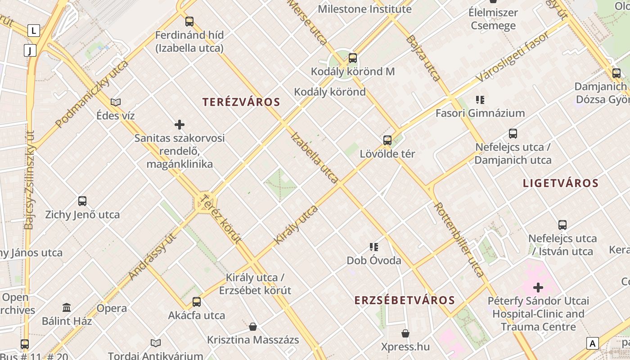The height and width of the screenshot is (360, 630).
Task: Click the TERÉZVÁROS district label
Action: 241,102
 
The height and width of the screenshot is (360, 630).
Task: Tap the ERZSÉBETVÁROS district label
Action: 405,300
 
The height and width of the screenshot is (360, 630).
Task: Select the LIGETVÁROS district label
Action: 561,183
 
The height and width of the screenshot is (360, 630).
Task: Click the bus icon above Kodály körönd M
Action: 353,58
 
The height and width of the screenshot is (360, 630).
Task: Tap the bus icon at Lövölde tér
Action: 387,140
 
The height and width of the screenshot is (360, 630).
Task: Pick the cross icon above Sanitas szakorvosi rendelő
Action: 180,125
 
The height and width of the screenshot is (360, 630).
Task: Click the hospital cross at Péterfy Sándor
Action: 538,287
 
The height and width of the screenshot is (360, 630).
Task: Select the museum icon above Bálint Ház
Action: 67,308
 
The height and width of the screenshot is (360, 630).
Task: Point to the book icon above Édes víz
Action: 116,102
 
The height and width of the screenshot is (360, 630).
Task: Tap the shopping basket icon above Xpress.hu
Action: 405,333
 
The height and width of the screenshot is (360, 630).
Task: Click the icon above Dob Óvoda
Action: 374,247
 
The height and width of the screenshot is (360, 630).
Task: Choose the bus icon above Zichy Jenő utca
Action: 82,201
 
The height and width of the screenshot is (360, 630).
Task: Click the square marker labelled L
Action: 34,31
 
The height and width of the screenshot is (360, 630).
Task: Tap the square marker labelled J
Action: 30,50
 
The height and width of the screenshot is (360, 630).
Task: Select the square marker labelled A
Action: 593,343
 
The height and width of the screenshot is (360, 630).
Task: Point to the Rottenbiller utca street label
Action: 459,239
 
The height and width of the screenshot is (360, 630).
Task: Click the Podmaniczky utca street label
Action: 92,94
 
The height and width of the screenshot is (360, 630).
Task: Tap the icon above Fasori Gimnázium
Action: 480,99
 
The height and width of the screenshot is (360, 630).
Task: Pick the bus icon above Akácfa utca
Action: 197,302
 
